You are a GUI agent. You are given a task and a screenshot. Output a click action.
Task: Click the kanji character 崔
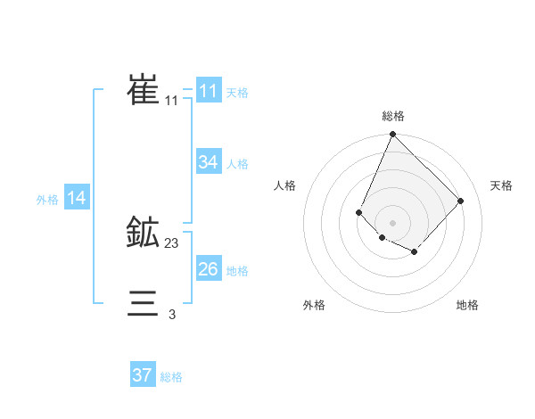point(144,91)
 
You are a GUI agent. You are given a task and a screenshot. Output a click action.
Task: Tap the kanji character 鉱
point(144,234)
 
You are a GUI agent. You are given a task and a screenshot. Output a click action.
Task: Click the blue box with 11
point(209,91)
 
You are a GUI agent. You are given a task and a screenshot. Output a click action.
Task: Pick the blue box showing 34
point(209,162)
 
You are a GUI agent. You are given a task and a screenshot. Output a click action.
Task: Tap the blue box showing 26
point(209,269)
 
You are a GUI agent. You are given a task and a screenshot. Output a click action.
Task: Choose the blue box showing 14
point(77,198)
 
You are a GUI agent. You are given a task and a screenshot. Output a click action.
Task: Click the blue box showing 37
point(143,375)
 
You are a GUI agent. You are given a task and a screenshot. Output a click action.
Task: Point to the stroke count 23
point(172,242)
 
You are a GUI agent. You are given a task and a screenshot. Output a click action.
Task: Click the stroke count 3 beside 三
point(172,314)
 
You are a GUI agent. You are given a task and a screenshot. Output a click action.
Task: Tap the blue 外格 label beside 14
point(47,200)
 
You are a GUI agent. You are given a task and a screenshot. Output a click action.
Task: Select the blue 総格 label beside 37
point(171,377)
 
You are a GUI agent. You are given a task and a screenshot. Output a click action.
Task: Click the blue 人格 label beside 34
point(237,164)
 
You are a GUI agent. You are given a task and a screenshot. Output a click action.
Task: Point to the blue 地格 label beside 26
point(237,271)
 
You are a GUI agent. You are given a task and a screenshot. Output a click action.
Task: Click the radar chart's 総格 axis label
point(393,116)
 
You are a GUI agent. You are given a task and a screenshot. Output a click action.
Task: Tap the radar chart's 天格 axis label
point(501,185)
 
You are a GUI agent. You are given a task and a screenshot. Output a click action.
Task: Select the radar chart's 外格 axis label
point(314,305)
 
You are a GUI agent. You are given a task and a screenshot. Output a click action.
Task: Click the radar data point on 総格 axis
point(392,136)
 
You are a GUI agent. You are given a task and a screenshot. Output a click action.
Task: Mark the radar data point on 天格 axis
point(460,201)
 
